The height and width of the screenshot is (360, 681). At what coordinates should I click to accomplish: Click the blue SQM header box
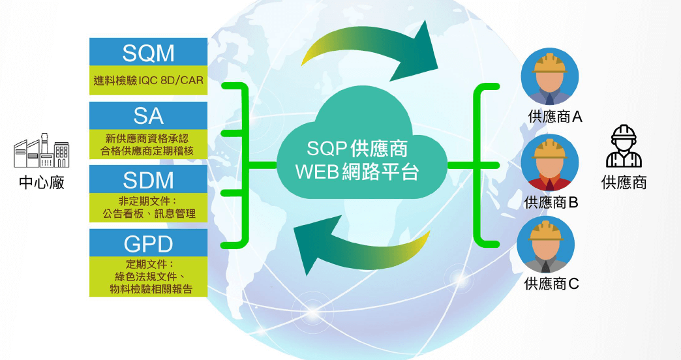pos(148,52)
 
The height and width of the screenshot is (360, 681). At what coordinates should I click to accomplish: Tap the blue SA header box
pos(148,115)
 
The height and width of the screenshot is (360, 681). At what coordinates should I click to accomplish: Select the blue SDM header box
pos(148,179)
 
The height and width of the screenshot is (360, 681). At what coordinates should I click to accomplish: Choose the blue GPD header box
pos(148,243)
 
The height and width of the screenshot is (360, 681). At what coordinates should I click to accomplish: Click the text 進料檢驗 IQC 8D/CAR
pos(149,80)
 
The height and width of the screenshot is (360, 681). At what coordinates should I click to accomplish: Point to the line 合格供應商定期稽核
pos(147,151)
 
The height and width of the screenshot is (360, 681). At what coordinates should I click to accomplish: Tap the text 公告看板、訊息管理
pos(149,214)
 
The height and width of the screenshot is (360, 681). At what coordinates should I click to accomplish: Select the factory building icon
pos(41,151)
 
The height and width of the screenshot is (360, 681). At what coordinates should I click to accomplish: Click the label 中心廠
pos(42,183)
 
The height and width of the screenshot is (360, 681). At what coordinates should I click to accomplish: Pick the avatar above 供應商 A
pos(550,76)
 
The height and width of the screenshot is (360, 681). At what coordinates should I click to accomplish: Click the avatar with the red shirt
pos(550,162)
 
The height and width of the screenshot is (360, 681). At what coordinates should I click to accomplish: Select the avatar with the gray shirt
pos(546,245)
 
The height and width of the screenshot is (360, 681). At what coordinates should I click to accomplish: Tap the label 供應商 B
pos(551,202)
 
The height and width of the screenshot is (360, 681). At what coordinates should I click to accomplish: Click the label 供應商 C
pos(552,284)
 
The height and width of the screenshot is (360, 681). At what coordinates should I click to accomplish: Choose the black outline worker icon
pos(624,146)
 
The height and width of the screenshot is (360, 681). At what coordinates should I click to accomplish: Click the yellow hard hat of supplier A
pos(550,63)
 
